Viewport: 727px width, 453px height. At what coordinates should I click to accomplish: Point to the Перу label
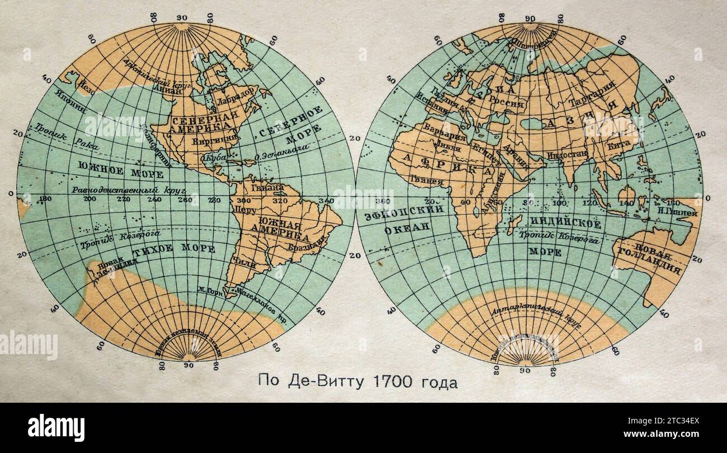point(246,211)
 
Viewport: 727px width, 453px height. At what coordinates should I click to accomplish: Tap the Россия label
point(506,104)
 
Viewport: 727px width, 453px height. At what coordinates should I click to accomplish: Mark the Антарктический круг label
point(526,314)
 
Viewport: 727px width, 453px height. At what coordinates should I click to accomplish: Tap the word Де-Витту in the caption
point(322,383)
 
